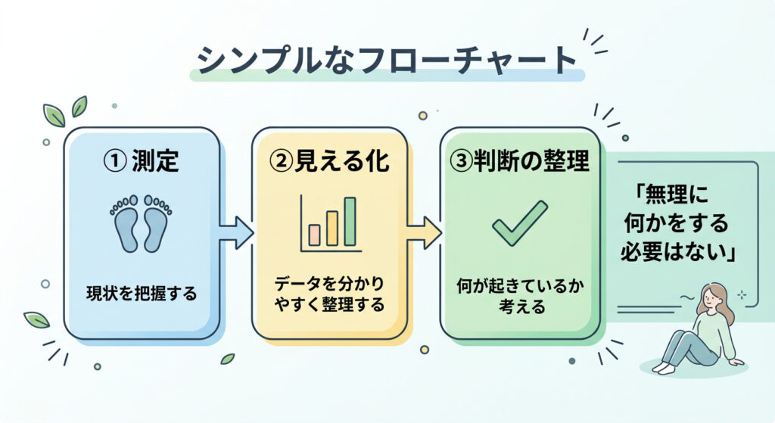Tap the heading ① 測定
click(x=142, y=161)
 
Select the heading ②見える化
click(x=329, y=161)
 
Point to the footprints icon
click(x=142, y=222)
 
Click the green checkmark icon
click(x=519, y=222)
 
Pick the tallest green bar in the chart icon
click(x=350, y=221)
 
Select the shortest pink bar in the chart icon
click(x=314, y=235)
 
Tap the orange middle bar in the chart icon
click(x=332, y=229)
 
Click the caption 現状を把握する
click(x=142, y=294)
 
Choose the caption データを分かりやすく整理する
click(x=329, y=294)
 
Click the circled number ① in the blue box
click(x=114, y=161)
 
